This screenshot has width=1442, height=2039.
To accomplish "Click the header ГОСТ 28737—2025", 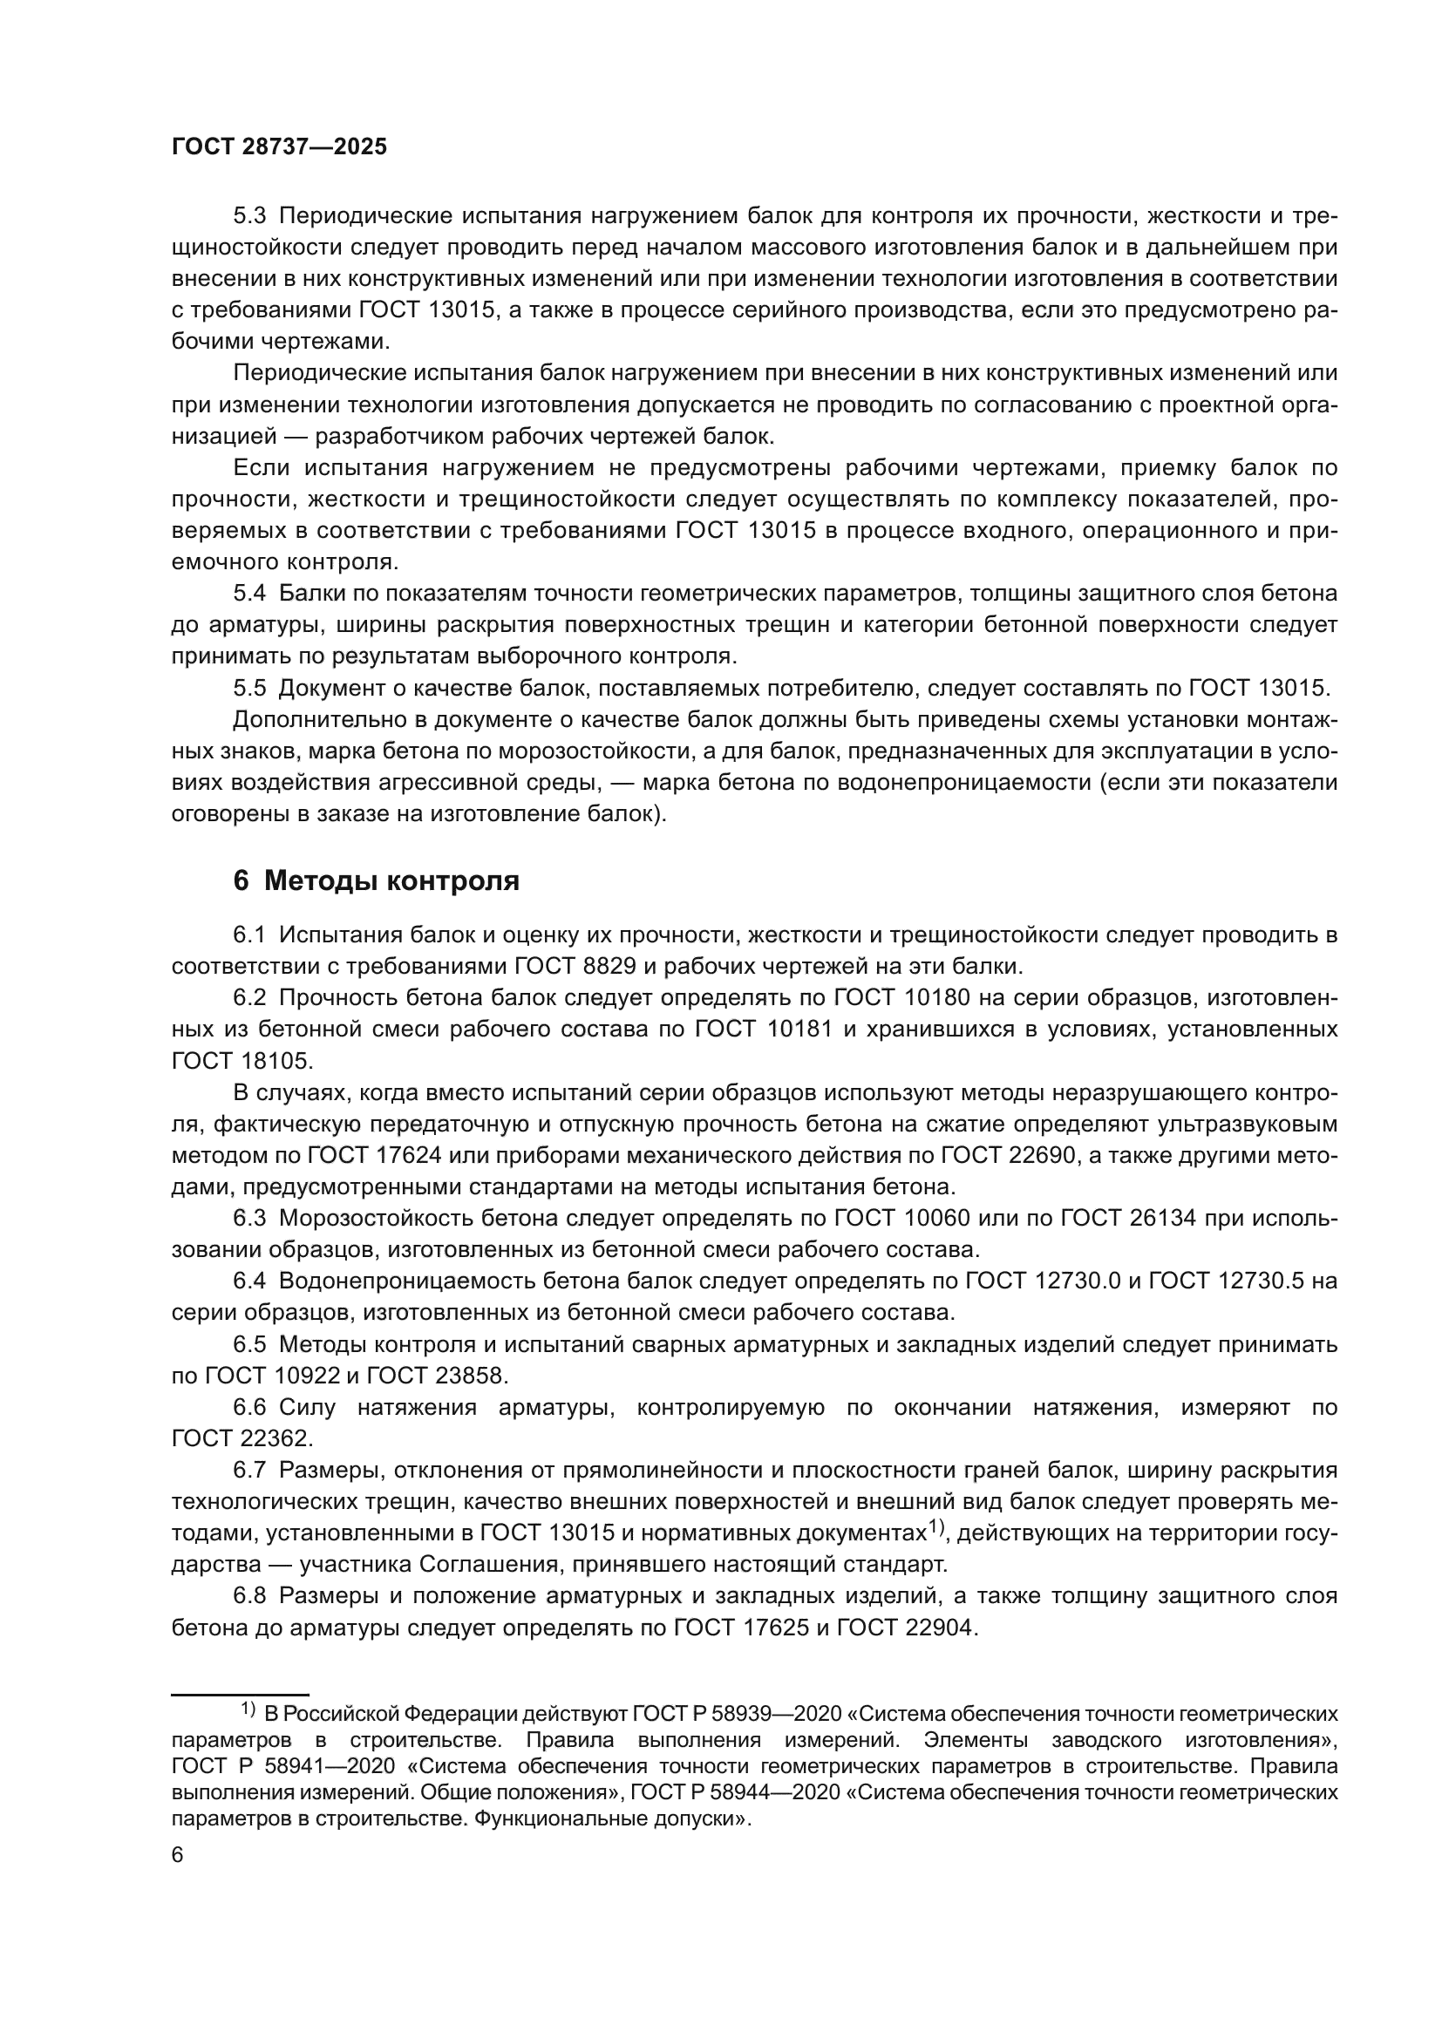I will coord(279,147).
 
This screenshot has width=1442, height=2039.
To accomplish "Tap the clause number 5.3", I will coord(249,216).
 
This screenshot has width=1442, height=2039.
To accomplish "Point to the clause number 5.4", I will coord(249,594).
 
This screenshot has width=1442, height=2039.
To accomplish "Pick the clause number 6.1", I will coord(249,935).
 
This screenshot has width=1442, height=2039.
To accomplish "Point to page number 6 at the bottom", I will coord(177,1856).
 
